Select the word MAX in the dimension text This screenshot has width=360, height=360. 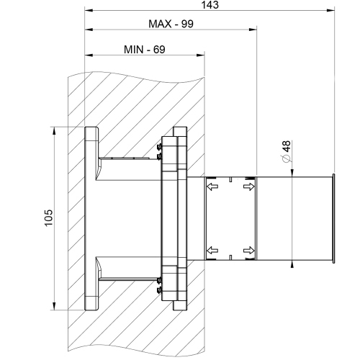tap(162, 23)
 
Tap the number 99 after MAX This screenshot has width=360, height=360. tap(186, 23)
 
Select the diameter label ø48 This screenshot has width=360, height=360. tap(286, 153)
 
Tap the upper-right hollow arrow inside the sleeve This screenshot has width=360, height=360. tap(248, 187)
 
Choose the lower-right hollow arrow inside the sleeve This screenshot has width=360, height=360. tap(248, 250)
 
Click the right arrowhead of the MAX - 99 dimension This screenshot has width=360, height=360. tap(253, 30)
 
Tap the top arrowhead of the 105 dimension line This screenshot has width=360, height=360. tap(55, 131)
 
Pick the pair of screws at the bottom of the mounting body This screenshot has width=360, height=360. tap(158, 287)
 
